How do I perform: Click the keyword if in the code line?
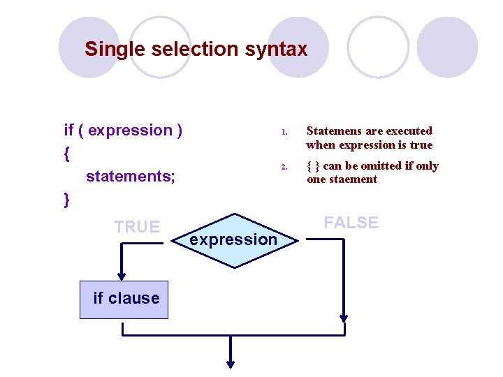pyautogui.click(x=68, y=131)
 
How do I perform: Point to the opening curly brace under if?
pyautogui.click(x=67, y=153)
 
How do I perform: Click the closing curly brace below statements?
pyautogui.click(x=67, y=200)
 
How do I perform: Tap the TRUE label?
pyautogui.click(x=137, y=227)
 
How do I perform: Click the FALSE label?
pyautogui.click(x=351, y=223)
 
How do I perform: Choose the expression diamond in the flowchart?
pyautogui.click(x=234, y=240)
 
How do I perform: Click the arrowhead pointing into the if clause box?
pyautogui.click(x=123, y=274)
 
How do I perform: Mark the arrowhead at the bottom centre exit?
pyautogui.click(x=231, y=362)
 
